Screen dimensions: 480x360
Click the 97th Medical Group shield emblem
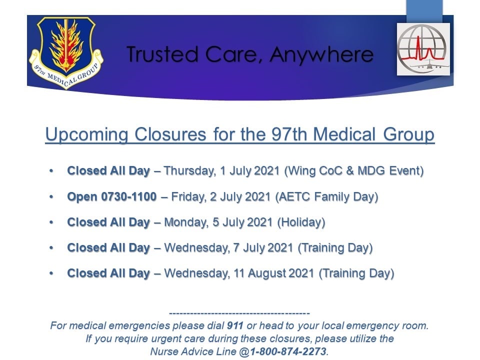(66, 52)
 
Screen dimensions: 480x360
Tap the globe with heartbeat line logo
(423, 49)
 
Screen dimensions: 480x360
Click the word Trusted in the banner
(162, 54)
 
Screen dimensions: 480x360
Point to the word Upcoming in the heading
(86, 134)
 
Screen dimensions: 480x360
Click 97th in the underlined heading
(289, 134)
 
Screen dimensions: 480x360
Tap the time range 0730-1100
(129, 196)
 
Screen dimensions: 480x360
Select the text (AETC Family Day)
(327, 197)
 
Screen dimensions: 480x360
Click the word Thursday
(189, 171)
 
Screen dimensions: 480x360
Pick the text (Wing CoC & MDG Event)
(354, 171)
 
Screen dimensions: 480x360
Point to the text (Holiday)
(301, 222)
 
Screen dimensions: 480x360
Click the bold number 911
(235, 325)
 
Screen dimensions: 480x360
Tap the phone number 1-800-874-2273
(288, 351)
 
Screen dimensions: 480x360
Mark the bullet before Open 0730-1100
(51, 197)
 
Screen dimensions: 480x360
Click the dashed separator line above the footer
(239, 313)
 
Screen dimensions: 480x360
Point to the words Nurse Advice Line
(193, 351)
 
